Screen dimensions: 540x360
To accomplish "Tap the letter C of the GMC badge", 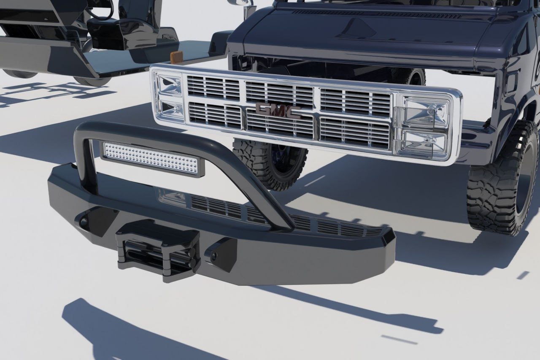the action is [293, 112].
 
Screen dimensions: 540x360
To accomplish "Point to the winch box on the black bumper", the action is [158, 251].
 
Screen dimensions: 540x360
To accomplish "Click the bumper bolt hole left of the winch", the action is [84, 220].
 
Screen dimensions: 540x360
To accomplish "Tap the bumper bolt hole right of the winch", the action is [213, 257].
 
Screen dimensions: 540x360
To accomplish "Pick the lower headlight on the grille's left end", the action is [171, 110].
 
